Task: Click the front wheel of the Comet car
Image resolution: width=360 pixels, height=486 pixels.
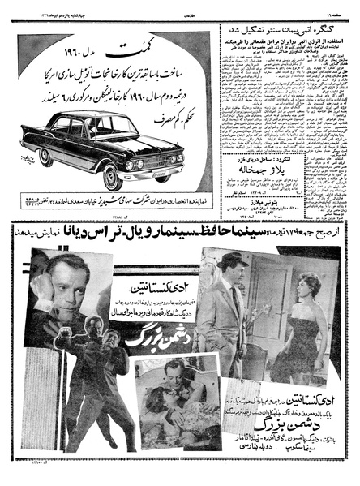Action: point(113,176)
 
